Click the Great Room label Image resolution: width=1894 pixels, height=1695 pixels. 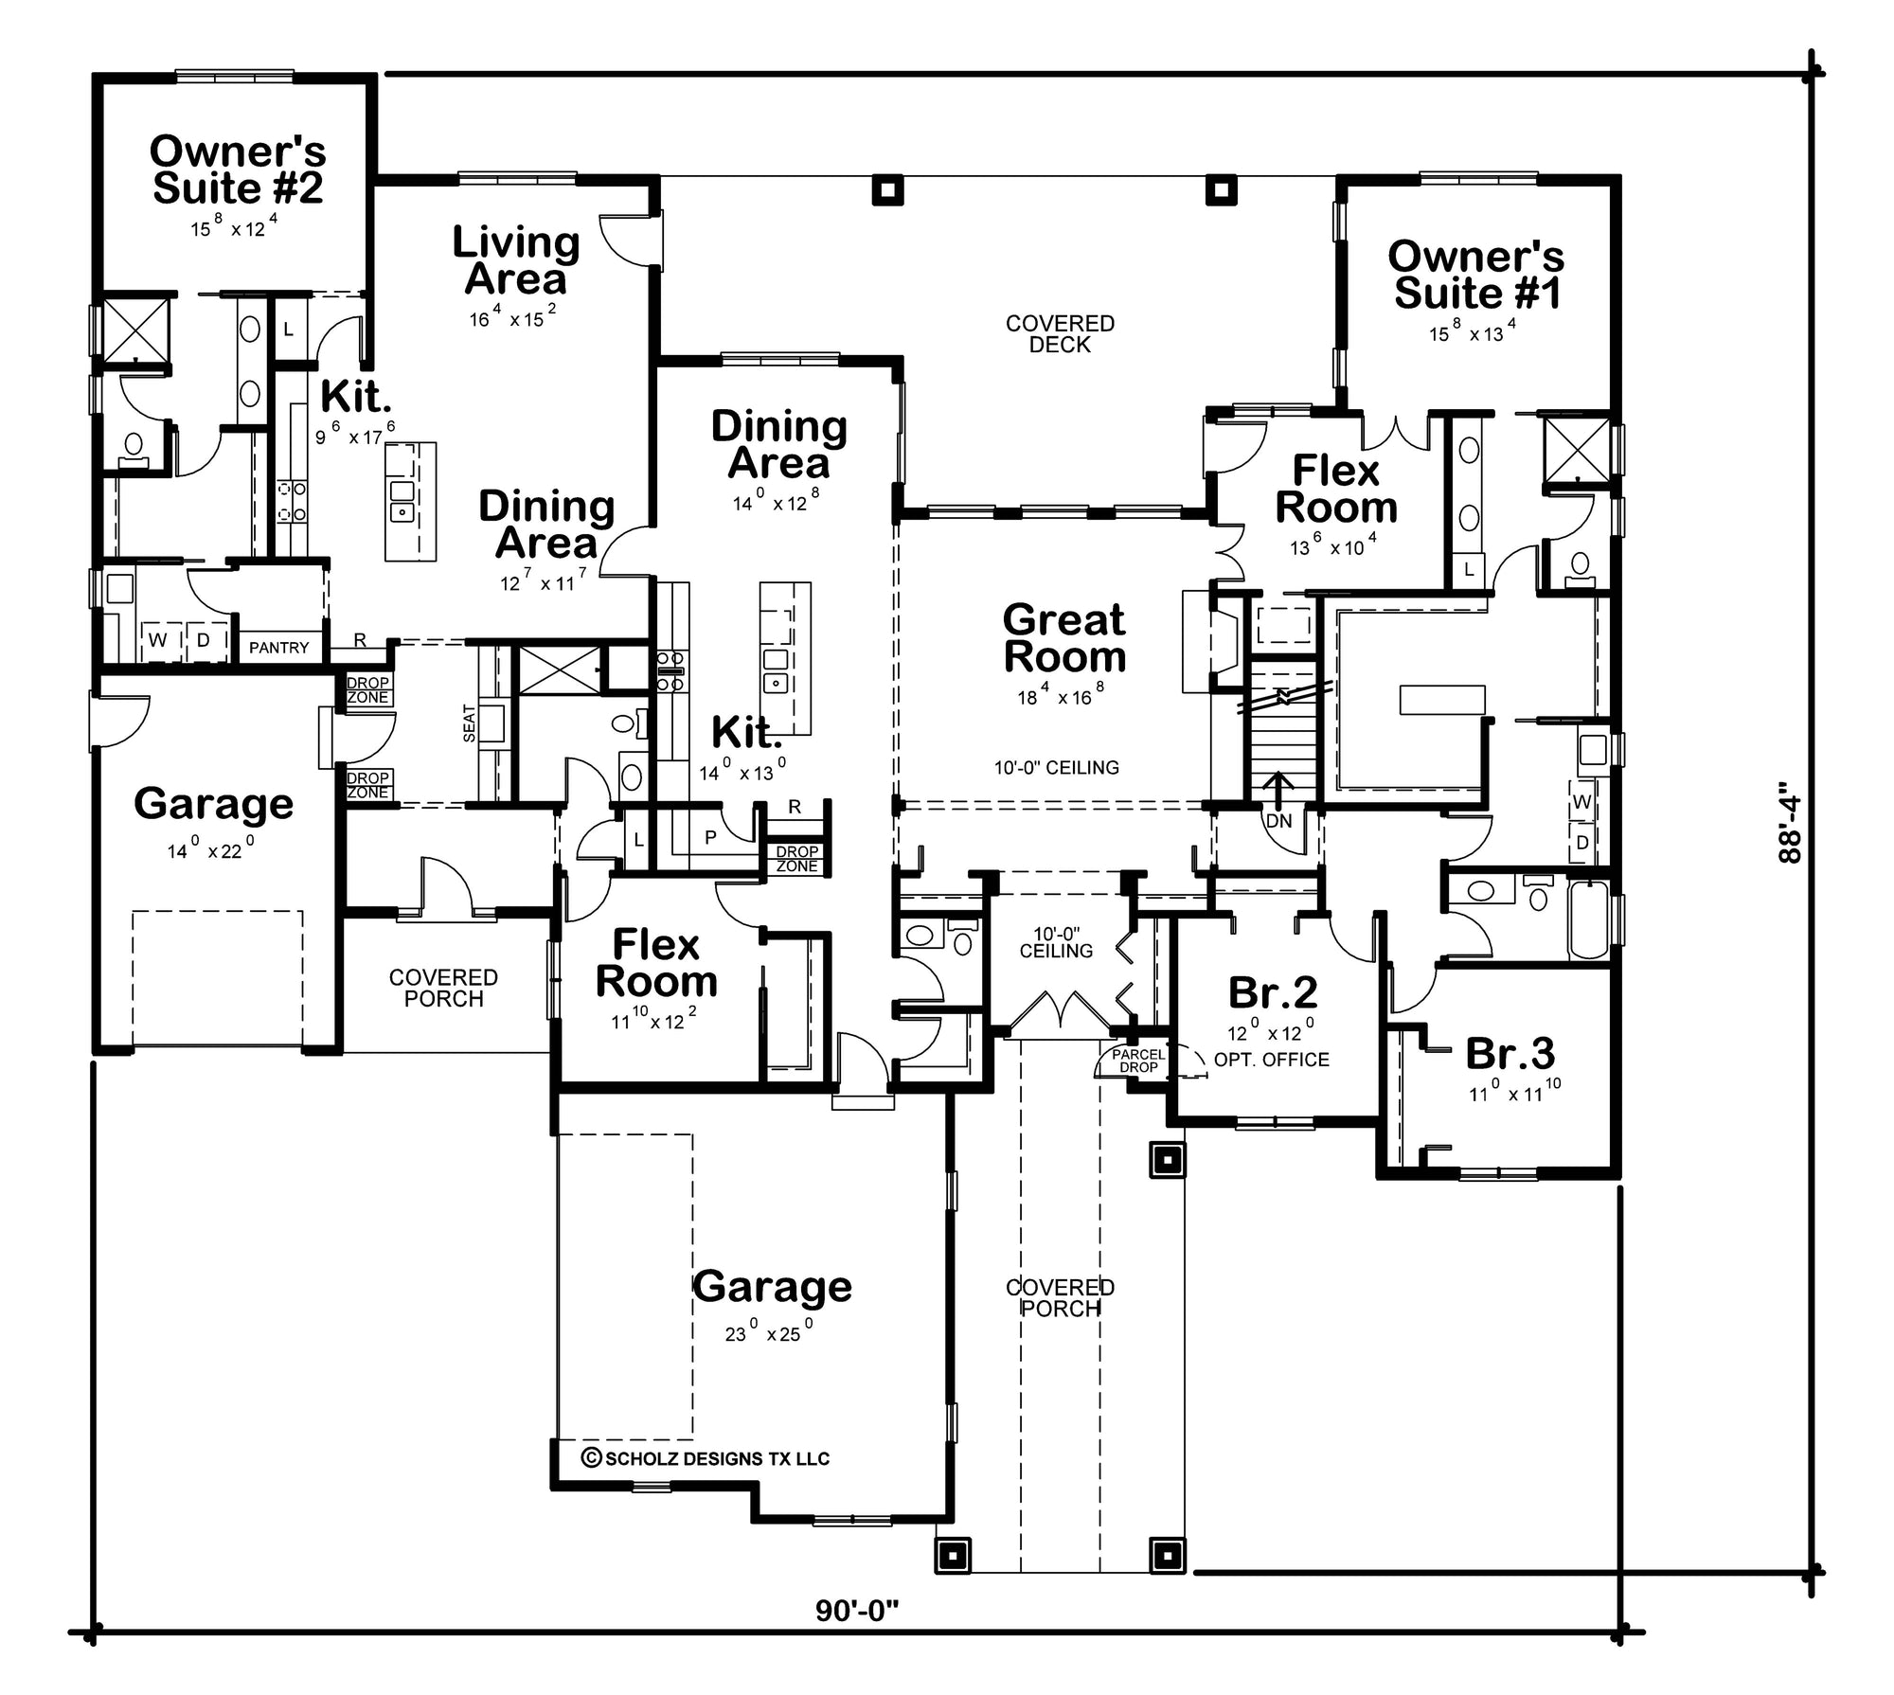(x=1064, y=638)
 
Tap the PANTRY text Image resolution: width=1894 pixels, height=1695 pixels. (x=278, y=648)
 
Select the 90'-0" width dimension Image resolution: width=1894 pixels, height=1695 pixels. (x=856, y=1610)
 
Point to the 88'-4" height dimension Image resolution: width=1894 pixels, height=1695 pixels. (x=1788, y=821)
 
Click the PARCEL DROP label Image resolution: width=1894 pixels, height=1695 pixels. (x=1138, y=1061)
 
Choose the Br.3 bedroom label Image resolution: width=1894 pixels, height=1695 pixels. (x=1510, y=1053)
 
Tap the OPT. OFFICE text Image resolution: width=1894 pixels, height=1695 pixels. (x=1271, y=1060)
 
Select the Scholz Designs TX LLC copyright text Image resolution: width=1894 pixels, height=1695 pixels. (x=706, y=1458)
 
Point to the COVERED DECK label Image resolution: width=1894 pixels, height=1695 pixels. (x=1060, y=334)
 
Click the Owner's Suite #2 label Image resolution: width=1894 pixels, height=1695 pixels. (x=238, y=169)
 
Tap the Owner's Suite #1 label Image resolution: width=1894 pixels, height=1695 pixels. (x=1475, y=275)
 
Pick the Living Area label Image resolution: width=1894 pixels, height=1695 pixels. (x=516, y=260)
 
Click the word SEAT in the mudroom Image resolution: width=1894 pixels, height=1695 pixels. (x=470, y=723)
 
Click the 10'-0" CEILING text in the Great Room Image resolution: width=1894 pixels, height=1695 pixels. (x=1056, y=767)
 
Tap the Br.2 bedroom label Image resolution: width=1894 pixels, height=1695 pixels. (x=1273, y=992)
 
